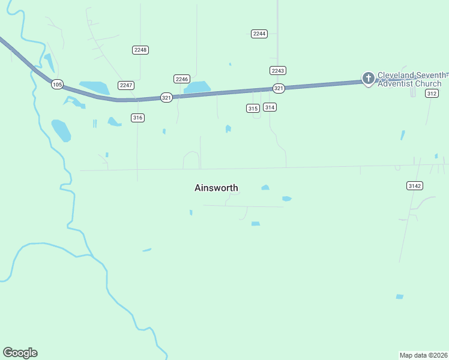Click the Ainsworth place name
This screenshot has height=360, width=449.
click(216, 188)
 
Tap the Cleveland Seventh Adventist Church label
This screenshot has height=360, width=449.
click(412, 79)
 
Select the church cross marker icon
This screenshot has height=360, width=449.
click(368, 78)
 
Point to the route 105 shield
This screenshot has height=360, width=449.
click(57, 85)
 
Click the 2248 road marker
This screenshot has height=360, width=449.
click(140, 50)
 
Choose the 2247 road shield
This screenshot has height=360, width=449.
click(126, 85)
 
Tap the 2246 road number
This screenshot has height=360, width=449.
click(182, 79)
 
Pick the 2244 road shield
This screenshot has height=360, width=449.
click(259, 34)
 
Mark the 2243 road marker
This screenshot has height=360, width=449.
click(277, 70)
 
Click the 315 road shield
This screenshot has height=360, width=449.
click(253, 108)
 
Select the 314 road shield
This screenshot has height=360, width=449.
click(270, 107)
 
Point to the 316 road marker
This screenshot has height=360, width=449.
click(137, 118)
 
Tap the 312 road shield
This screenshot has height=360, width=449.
click(432, 94)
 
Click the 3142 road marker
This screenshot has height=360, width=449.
click(415, 186)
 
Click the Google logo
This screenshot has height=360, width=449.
click(20, 352)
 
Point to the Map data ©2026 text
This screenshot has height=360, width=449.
click(423, 355)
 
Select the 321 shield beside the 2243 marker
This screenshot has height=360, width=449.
click(279, 88)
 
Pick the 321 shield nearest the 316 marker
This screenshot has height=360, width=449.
click(166, 97)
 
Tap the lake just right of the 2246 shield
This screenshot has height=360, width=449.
click(197, 88)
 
